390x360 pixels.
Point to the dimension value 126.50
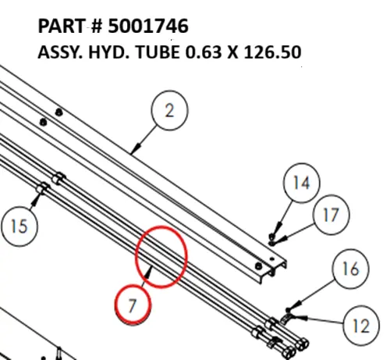(271, 54)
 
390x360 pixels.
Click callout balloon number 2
(170, 111)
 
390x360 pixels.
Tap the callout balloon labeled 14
(301, 184)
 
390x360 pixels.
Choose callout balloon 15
(19, 226)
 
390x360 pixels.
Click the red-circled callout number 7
(133, 305)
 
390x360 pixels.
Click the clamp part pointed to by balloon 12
(286, 317)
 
